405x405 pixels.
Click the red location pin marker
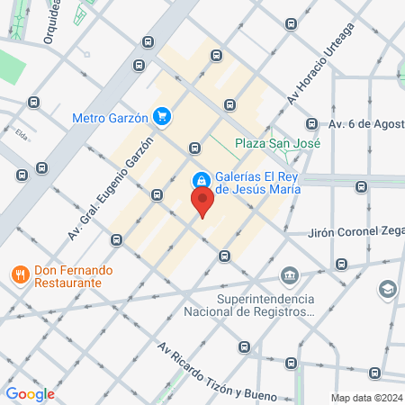[x=202, y=200]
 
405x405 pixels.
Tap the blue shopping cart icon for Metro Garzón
[x=162, y=116]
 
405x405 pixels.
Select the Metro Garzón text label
[x=111, y=117]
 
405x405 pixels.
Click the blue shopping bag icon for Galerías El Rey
[x=202, y=178]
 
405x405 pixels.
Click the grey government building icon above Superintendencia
[x=289, y=275]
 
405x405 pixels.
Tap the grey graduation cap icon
[x=386, y=289]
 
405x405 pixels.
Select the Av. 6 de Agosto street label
[x=365, y=123]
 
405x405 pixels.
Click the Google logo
[x=30, y=393]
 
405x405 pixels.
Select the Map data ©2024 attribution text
[x=365, y=397]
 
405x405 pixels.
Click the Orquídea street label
[x=56, y=22]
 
